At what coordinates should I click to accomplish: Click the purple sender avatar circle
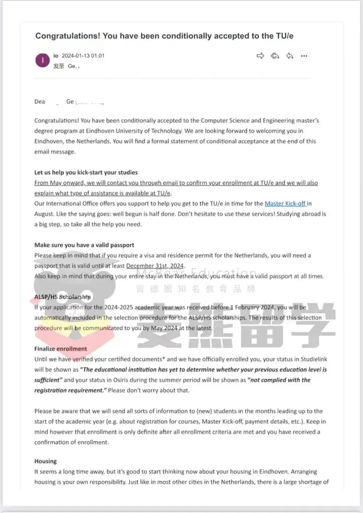(x=42, y=61)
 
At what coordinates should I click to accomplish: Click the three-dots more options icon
(x=304, y=56)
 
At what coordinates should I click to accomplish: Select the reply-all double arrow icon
(x=275, y=56)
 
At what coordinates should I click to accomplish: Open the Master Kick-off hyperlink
(x=284, y=204)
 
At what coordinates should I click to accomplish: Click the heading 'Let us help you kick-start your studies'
(x=86, y=173)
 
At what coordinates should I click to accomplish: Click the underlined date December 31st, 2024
(x=155, y=266)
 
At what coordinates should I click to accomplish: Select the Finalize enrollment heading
(x=60, y=348)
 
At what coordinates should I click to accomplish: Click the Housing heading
(x=45, y=461)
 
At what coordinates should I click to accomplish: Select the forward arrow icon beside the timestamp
(x=260, y=56)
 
